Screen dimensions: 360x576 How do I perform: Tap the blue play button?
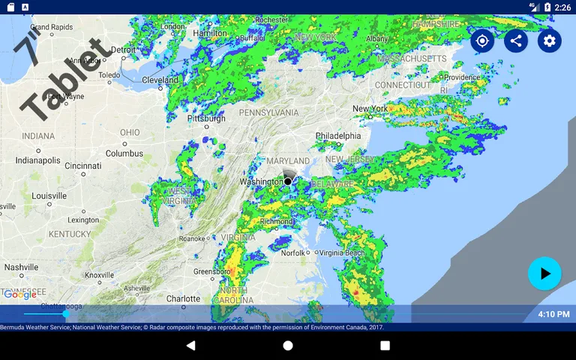pyautogui.click(x=544, y=274)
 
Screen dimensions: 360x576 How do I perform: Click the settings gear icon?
pyautogui.click(x=550, y=40)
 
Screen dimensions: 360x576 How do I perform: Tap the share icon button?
pyautogui.click(x=516, y=40)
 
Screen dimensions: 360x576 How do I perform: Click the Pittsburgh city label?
pyautogui.click(x=205, y=118)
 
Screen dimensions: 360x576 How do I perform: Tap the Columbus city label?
pyautogui.click(x=124, y=153)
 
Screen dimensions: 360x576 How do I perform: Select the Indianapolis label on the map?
pyautogui.click(x=37, y=160)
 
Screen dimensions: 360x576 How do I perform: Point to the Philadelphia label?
pyautogui.click(x=337, y=136)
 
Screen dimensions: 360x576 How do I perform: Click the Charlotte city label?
pyautogui.click(x=183, y=298)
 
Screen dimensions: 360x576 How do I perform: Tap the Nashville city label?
pyautogui.click(x=21, y=267)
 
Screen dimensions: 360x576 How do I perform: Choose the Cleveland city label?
pyautogui.click(x=160, y=79)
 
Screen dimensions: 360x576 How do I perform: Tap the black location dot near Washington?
pyautogui.click(x=288, y=181)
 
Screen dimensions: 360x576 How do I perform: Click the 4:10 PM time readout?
pyautogui.click(x=553, y=313)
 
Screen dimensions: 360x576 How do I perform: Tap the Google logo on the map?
pyautogui.click(x=20, y=295)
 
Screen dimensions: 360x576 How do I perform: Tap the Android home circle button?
pyautogui.click(x=288, y=346)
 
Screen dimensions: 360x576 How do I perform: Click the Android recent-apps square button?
pyautogui.click(x=385, y=346)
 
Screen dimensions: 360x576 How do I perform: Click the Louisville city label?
pyautogui.click(x=49, y=196)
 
